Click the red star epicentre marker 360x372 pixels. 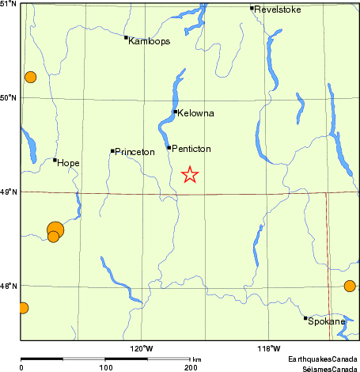(190, 175)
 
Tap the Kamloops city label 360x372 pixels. (149, 41)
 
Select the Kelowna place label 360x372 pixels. (196, 113)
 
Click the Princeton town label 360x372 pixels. (135, 151)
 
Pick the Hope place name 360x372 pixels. (70, 163)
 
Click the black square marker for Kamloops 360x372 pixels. (126, 37)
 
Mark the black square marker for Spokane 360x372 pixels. (305, 318)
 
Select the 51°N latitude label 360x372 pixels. (9, 5)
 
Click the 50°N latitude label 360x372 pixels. (9, 98)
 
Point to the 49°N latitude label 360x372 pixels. (9, 192)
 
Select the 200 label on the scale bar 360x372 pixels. (190, 368)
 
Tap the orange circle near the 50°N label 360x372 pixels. (30, 77)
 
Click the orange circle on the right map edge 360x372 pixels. (350, 286)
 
